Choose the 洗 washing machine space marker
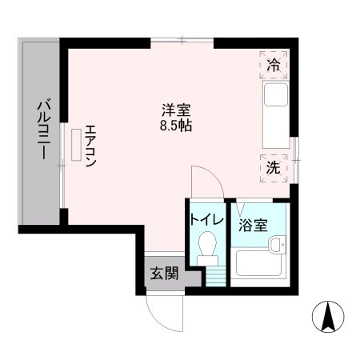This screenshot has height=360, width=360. (274, 168)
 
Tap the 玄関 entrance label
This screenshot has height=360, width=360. (162, 272)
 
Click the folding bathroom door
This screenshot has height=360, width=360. (241, 207)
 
